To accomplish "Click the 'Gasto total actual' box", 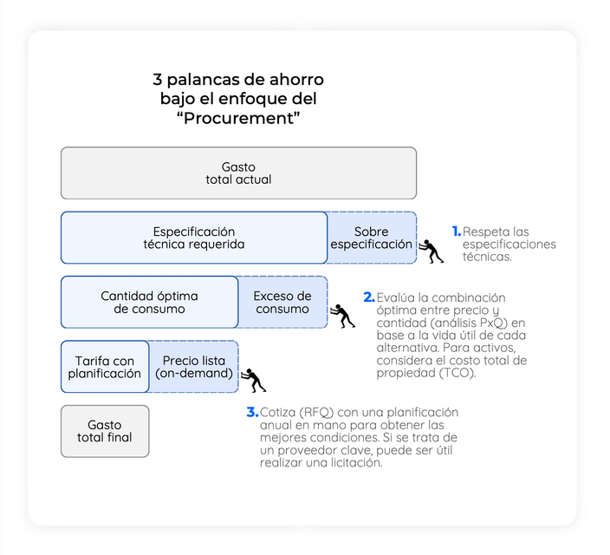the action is (238, 173).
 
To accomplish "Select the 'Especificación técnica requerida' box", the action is (194, 238).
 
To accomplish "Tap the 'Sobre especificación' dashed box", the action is (372, 238).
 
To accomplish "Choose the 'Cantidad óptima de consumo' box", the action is (149, 303).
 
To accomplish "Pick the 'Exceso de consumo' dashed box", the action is (282, 303).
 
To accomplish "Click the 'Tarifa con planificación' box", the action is (105, 367).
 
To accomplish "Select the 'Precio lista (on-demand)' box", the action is (194, 367).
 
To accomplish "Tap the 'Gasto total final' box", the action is (105, 431).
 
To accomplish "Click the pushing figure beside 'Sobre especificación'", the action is (431, 251).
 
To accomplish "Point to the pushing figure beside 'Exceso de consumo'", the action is (342, 316).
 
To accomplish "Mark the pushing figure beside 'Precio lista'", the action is (253, 380).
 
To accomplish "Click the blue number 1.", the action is (457, 232).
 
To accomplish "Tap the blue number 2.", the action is (369, 297).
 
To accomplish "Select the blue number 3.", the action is (252, 412).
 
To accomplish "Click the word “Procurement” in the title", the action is (238, 118).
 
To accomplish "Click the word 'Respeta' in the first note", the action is (485, 232).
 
